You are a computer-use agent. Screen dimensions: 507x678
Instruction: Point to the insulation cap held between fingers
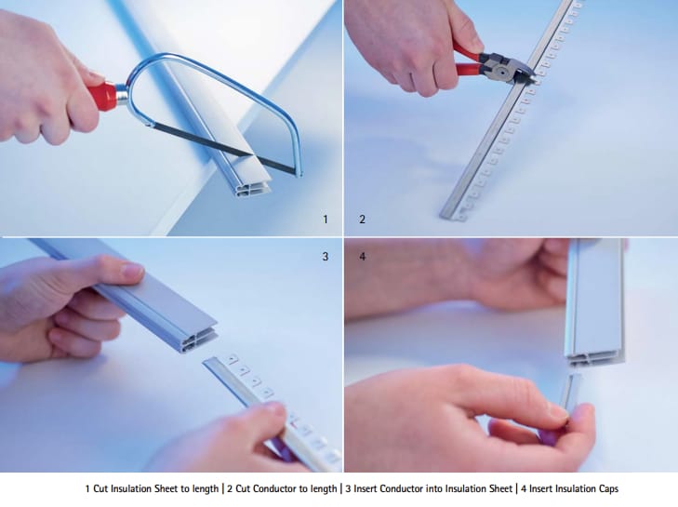(567, 395)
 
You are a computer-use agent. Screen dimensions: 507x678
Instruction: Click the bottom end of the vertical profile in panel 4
(594, 357)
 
